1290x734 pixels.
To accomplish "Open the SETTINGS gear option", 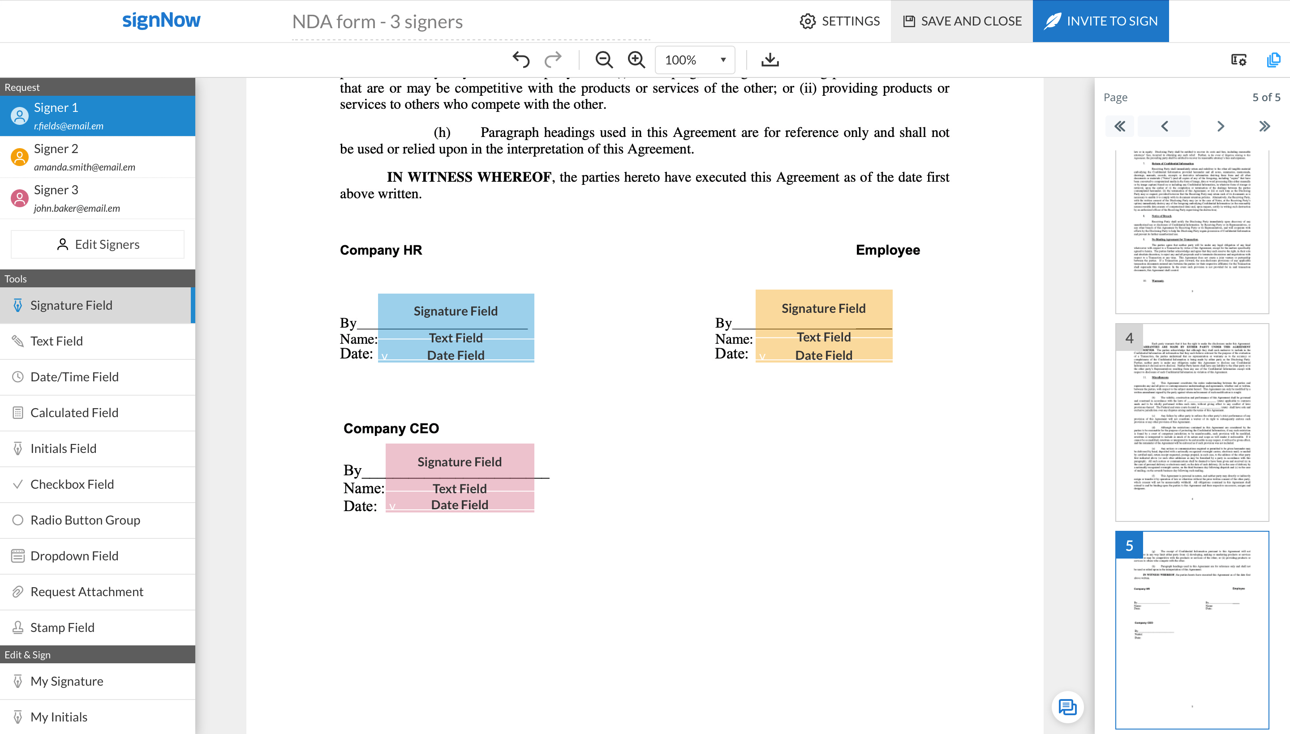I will (839, 21).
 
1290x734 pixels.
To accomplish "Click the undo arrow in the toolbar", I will (520, 60).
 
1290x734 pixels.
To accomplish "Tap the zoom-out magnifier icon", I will (603, 60).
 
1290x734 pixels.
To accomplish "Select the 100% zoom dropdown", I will (695, 60).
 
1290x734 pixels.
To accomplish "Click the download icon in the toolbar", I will (770, 60).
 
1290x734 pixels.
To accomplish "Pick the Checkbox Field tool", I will (72, 484).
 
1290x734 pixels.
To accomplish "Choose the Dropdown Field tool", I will (74, 556).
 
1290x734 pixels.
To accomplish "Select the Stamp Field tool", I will (62, 627).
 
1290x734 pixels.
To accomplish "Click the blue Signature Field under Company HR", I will (456, 311).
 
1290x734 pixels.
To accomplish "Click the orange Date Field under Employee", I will (823, 355).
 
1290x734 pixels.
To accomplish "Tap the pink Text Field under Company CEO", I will (460, 488).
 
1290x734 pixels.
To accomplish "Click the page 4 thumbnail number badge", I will (1129, 338).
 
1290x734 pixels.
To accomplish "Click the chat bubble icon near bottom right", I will (1067, 707).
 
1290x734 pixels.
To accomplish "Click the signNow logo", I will (161, 20).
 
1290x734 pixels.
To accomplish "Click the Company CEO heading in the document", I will (391, 428).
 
